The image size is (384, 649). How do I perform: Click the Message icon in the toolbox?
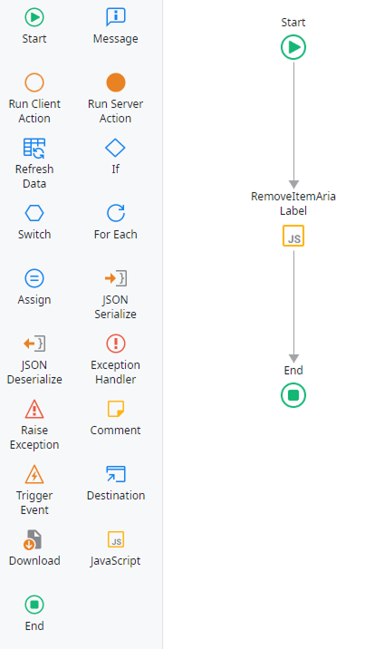116,17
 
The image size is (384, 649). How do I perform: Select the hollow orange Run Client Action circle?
34,82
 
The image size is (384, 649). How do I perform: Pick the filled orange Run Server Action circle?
116,82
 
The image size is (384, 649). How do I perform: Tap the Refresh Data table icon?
34,148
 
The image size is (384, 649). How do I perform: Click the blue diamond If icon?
115,148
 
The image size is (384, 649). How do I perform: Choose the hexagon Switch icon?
34,213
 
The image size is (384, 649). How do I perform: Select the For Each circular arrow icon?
116,213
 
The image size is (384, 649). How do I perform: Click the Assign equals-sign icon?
34,278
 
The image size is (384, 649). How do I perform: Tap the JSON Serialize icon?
116,278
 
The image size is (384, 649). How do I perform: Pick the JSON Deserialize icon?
34,344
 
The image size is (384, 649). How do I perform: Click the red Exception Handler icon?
116,344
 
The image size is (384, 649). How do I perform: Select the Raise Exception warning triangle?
34,409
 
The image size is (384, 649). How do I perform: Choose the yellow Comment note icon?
116,409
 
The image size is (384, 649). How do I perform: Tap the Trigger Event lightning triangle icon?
34,474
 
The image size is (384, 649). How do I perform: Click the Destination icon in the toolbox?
116,474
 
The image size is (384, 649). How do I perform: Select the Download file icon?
33,539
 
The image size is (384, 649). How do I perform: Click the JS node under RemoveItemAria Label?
293,236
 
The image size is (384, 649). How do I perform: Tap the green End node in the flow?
293,395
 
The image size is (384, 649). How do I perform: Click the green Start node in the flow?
293,47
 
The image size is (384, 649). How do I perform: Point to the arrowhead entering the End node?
294,358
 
